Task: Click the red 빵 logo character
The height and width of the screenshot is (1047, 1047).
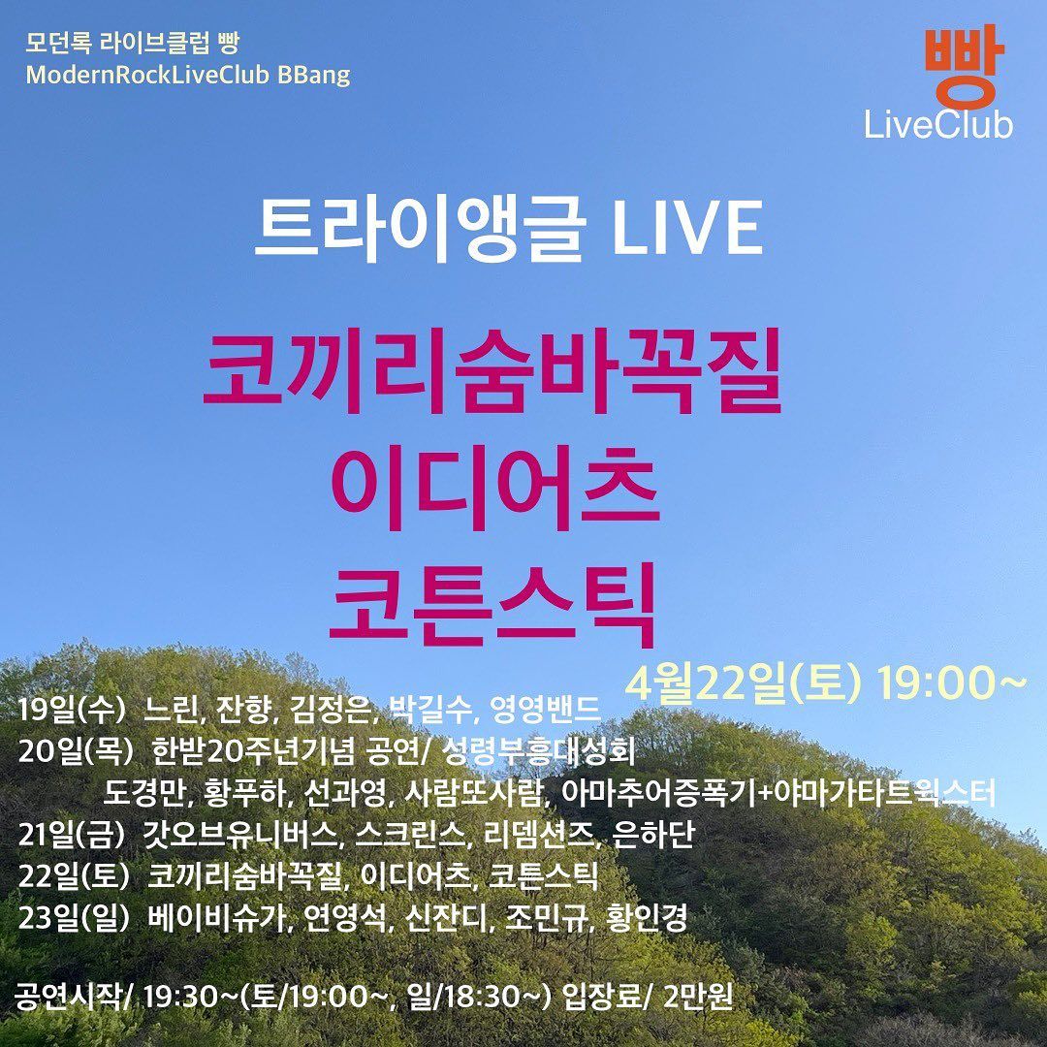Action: (x=959, y=67)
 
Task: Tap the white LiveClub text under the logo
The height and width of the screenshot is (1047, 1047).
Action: (x=938, y=125)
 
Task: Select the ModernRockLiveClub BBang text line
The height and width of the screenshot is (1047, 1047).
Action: (x=188, y=75)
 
